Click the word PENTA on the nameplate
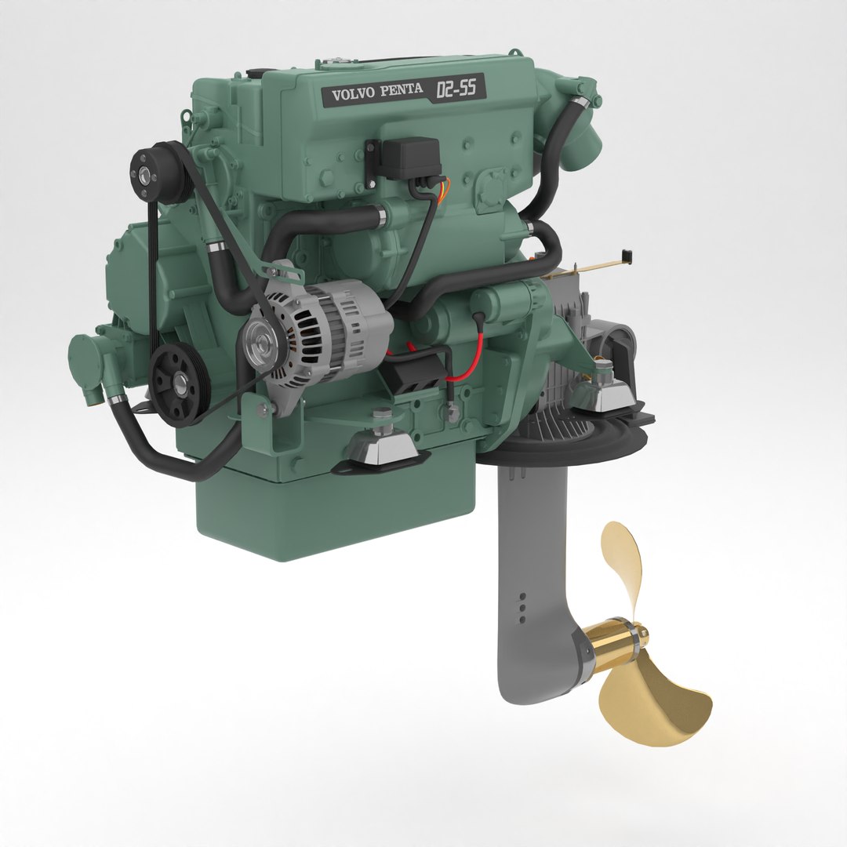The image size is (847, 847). [402, 92]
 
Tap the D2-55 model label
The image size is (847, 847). [456, 89]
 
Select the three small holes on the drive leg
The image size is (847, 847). [522, 606]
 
